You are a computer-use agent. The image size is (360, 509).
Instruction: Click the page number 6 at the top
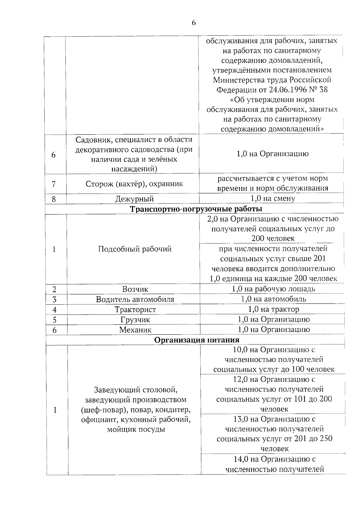pos(193,23)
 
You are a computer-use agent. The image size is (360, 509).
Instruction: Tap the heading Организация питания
pos(197,340)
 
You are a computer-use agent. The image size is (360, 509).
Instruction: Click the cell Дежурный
pos(134,199)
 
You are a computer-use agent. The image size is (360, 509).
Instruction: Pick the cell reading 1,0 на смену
pos(273,198)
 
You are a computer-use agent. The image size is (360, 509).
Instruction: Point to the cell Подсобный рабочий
pos(135,249)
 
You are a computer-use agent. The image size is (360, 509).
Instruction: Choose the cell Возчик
pos(135,289)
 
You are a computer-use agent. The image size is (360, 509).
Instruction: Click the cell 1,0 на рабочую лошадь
pos(273,289)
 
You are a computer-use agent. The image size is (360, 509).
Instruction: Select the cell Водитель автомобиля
pos(135,299)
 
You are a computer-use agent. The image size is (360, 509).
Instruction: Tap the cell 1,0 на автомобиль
pos(273,299)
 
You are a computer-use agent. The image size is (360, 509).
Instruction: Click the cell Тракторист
pos(135,309)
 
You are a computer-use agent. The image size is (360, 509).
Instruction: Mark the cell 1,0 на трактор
pos(273,309)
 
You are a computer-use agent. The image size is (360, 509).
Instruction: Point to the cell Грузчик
pos(135,320)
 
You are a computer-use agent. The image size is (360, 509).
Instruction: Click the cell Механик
pos(135,330)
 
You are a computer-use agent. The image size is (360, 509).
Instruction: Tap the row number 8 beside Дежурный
pos(54,199)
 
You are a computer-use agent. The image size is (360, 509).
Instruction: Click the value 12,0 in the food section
pos(240,379)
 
